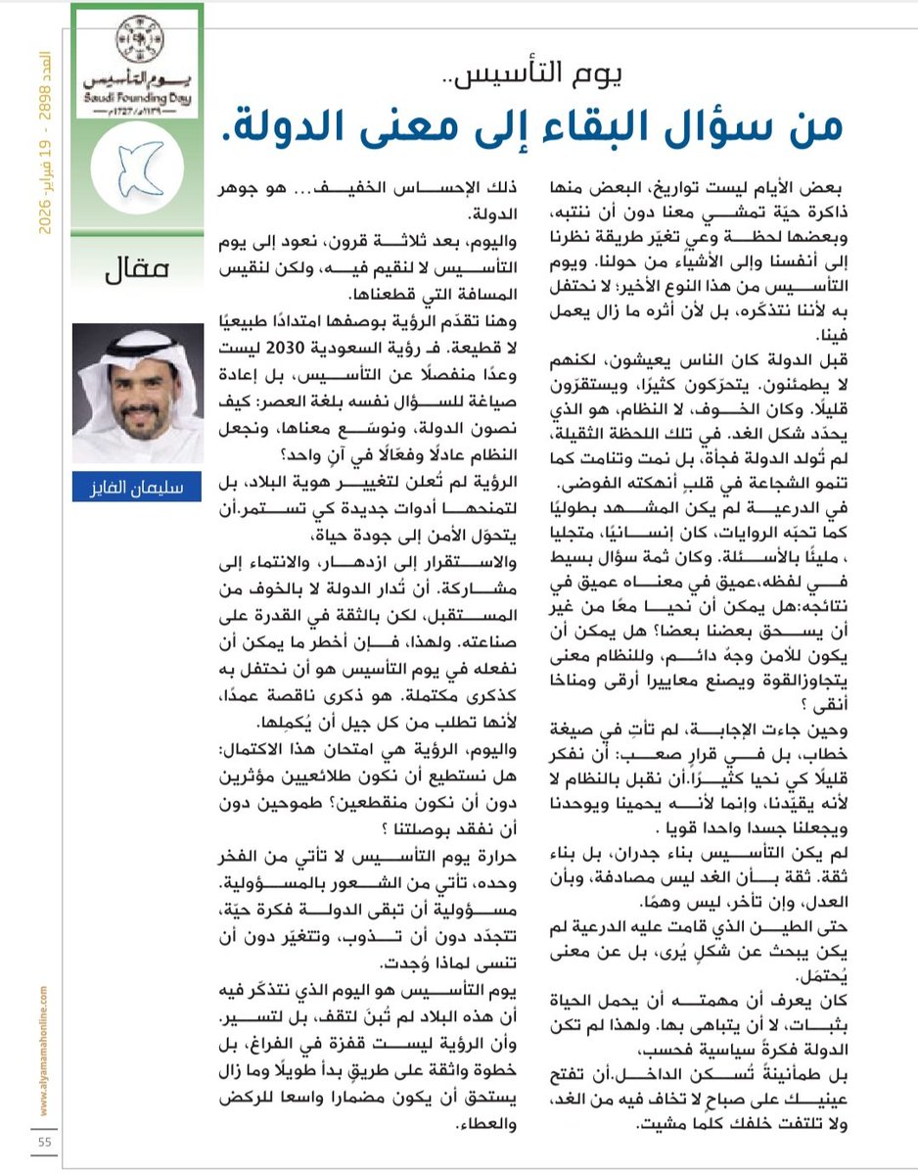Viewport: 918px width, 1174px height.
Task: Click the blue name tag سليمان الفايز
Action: (x=137, y=486)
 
